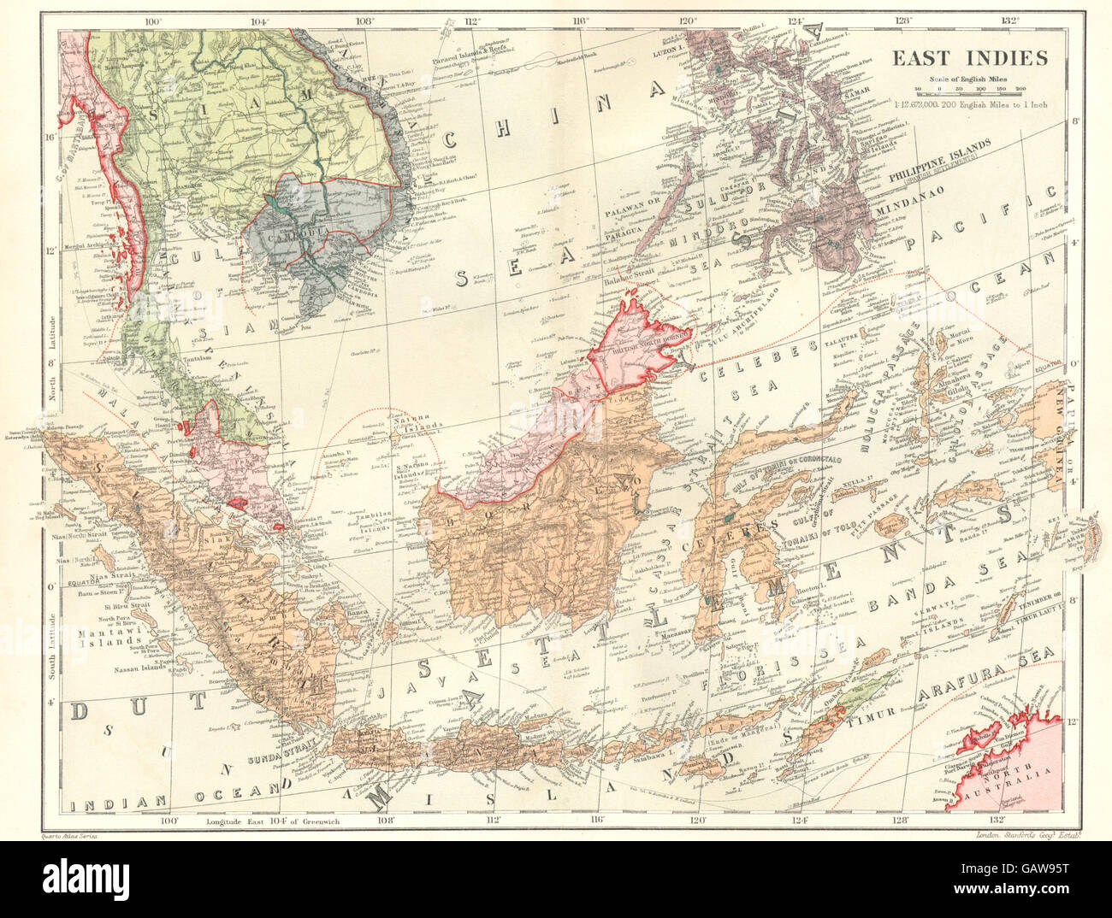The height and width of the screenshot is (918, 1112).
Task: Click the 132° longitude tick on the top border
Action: coord(1012,21)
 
